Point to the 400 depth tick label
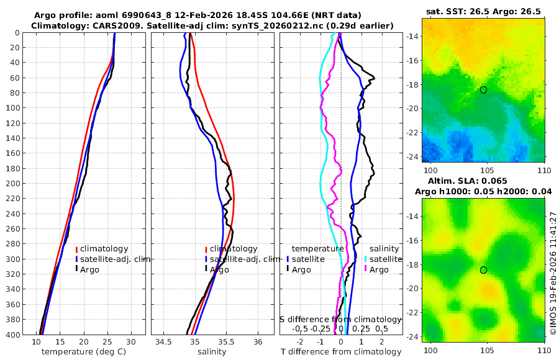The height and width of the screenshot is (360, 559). [x=17, y=335]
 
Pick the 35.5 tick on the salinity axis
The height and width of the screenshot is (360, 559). [x=227, y=342]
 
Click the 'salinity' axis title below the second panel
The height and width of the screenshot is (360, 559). [x=211, y=352]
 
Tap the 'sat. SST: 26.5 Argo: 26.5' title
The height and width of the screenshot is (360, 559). [x=483, y=11]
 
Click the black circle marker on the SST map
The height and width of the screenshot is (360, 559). [x=483, y=90]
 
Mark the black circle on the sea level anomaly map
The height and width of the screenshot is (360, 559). [x=483, y=270]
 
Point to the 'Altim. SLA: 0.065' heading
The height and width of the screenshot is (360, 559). [x=483, y=181]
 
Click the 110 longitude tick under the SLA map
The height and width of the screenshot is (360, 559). [x=543, y=349]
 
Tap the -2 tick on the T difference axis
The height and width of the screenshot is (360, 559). [x=301, y=342]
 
